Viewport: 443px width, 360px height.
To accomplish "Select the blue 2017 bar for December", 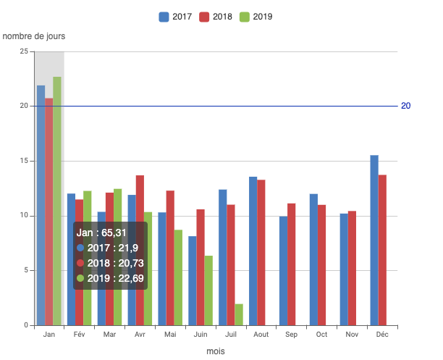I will (374, 240).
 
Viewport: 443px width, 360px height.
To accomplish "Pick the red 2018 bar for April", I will (140, 250).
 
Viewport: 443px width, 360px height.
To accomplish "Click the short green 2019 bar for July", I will (239, 314).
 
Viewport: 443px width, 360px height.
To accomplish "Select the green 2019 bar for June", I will (208, 290).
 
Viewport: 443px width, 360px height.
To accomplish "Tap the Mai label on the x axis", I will (170, 335).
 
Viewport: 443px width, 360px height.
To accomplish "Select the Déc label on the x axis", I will (381, 335).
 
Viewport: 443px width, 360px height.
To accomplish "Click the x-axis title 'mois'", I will (216, 351).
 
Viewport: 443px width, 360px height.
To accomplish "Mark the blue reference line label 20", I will (406, 106).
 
